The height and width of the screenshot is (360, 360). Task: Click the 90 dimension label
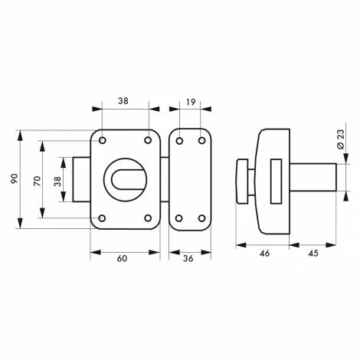(14, 179)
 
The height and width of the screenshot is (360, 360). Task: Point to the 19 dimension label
(191, 100)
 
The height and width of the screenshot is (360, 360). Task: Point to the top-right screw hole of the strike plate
(201, 140)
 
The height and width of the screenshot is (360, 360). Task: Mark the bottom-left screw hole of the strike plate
(179, 218)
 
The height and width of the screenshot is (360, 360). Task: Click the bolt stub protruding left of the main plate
(82, 179)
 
